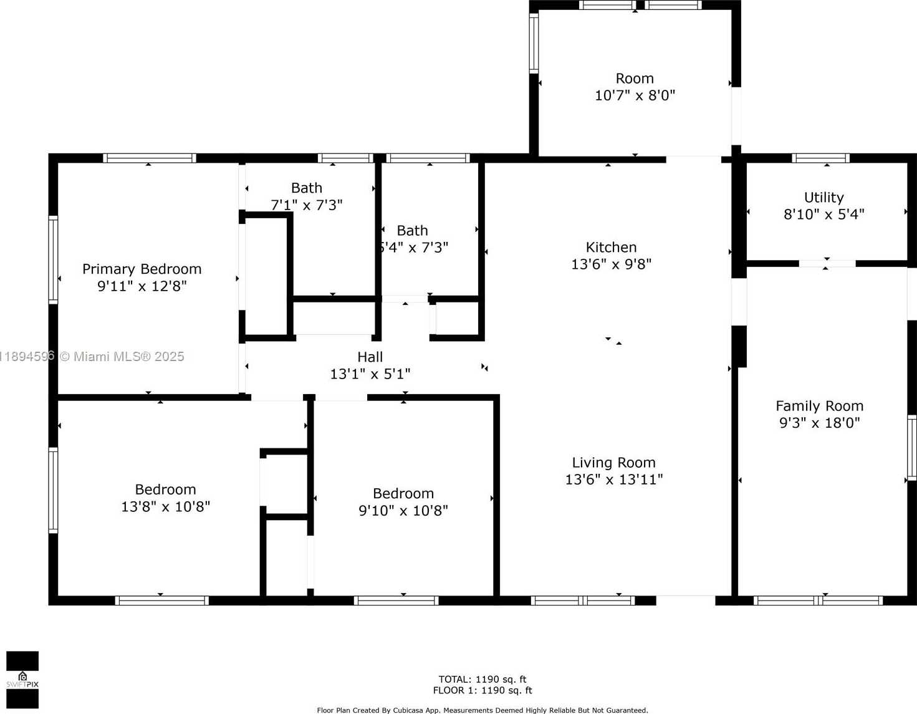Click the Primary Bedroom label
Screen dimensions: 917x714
click(142, 269)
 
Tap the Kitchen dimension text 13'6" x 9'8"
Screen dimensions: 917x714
click(611, 264)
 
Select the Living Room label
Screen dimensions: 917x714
click(613, 463)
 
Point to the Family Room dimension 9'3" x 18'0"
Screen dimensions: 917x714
click(819, 422)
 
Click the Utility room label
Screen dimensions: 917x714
click(823, 198)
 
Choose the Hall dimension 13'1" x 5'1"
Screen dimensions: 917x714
click(370, 374)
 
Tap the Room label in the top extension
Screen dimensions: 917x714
click(635, 79)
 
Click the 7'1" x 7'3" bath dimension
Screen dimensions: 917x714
click(306, 205)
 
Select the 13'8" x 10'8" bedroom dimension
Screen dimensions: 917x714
click(165, 506)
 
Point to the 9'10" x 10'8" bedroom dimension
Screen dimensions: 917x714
click(403, 511)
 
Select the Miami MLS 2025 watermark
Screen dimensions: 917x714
click(92, 357)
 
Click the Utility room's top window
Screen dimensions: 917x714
click(821, 158)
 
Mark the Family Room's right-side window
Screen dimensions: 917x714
click(912, 448)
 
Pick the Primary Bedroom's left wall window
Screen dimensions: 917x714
click(53, 259)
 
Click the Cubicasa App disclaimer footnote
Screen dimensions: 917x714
click(483, 710)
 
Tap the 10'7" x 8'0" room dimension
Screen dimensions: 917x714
click(635, 95)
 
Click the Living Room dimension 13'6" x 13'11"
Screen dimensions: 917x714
click(614, 480)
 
